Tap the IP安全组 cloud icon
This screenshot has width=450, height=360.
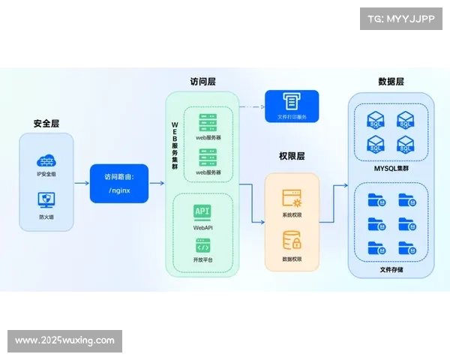coord(46,160)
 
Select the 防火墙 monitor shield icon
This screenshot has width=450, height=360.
coord(46,199)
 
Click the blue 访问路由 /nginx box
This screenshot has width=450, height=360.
coord(118,183)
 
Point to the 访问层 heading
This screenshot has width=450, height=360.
coord(202,81)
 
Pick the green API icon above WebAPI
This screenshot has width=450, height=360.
coord(202,211)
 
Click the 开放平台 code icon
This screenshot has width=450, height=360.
coord(202,245)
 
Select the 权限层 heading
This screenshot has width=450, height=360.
coord(291,157)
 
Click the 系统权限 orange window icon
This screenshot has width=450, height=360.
coord(292,198)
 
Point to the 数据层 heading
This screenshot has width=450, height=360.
coord(391,81)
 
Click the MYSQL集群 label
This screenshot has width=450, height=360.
coord(391,169)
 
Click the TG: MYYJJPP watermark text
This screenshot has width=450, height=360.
coord(400,18)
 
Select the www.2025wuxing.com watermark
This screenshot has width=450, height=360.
coord(65,340)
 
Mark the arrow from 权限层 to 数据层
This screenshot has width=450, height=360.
coord(334,184)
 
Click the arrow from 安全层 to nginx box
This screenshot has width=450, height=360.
coord(82,184)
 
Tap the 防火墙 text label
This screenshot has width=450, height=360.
coord(46,216)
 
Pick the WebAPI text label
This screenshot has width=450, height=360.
coord(202,226)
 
